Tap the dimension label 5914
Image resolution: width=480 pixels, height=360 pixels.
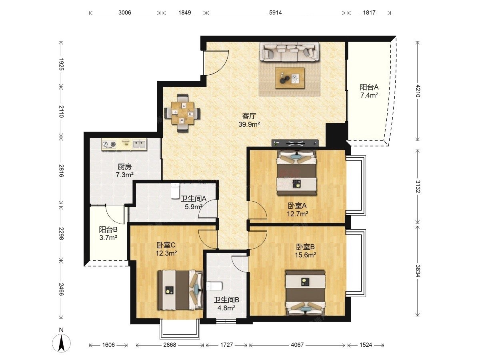point(275,13)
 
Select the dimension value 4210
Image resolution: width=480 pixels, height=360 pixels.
point(418,91)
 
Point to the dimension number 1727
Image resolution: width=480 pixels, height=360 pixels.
point(226,345)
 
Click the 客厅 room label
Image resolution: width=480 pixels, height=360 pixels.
point(249,116)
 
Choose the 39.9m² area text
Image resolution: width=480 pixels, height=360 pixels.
point(249,124)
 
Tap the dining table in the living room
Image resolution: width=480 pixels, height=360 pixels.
point(182,113)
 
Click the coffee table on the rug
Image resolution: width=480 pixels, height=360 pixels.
point(290,78)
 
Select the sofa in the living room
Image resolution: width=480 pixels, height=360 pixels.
point(289,52)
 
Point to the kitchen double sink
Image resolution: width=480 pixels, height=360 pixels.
point(139,144)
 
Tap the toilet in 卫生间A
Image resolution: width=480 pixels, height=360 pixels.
point(175,191)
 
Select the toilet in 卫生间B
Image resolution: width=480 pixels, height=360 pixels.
point(214,286)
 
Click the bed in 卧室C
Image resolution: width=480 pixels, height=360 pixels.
point(180,290)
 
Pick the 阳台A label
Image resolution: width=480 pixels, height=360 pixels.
point(369,87)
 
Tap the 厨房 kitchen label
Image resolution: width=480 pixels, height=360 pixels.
point(125,167)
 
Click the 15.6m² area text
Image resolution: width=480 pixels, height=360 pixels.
point(306,255)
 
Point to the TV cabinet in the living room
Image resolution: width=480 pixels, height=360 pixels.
point(295,143)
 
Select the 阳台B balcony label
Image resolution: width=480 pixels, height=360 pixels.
point(108,230)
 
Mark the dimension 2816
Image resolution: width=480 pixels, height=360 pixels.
point(62,171)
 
